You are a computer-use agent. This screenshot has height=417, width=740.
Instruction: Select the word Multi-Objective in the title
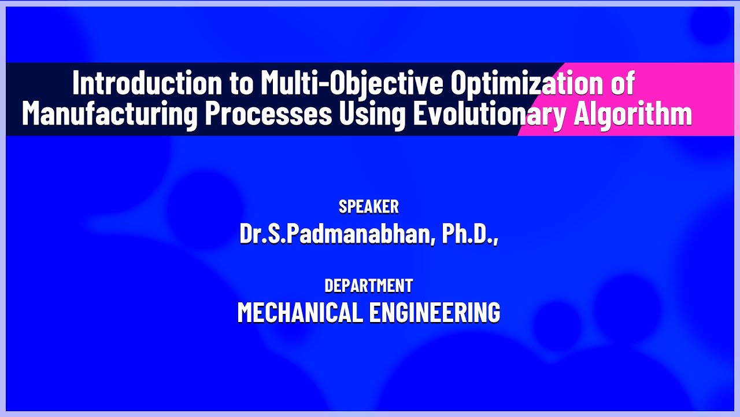(351, 84)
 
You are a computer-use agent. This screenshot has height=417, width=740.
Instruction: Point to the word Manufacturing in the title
(109, 114)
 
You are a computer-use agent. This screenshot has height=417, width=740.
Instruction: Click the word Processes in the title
(268, 114)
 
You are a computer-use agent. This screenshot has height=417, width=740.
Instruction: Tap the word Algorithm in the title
(632, 114)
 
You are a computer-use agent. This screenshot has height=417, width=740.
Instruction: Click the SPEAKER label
(369, 207)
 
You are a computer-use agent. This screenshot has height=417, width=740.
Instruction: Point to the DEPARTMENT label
(369, 286)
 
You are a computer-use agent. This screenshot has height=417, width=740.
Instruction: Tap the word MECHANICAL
(299, 313)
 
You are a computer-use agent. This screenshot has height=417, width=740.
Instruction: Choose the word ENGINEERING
(435, 313)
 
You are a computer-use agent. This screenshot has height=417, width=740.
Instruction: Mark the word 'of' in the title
(622, 84)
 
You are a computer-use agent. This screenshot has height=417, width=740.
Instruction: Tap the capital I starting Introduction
(76, 84)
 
